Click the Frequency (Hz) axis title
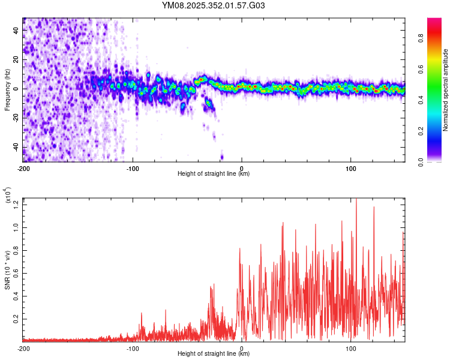click(x=7, y=89)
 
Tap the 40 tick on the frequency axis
click(x=17, y=29)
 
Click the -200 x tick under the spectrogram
click(x=23, y=168)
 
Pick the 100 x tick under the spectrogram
click(x=351, y=168)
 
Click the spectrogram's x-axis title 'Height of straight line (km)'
click(x=214, y=174)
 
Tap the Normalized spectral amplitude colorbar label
click(x=445, y=90)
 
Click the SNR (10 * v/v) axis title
click(x=7, y=270)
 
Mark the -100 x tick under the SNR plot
click(x=133, y=348)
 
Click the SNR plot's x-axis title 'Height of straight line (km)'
click(x=214, y=354)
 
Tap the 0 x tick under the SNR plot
click(x=242, y=348)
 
